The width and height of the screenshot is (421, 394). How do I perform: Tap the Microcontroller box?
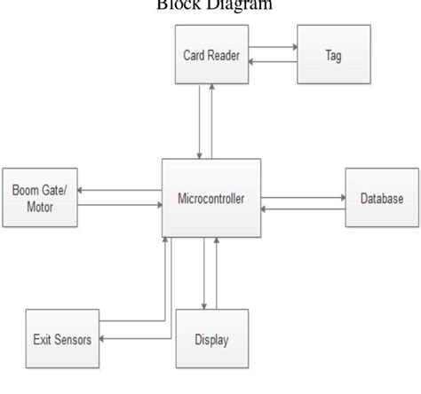click(x=211, y=196)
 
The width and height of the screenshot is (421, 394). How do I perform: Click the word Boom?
click(x=27, y=189)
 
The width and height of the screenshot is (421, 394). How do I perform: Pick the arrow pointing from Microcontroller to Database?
click(x=303, y=196)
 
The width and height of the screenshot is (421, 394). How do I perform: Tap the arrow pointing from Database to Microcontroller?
click(x=303, y=210)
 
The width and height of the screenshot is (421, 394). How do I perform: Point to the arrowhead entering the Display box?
click(x=205, y=303)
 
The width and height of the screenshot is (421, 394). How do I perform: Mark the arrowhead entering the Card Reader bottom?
click(x=211, y=87)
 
